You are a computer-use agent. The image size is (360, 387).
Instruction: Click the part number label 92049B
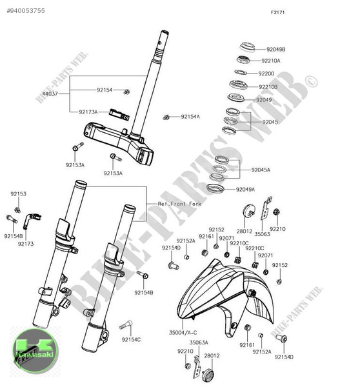276,49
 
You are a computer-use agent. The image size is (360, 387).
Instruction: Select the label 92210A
270,61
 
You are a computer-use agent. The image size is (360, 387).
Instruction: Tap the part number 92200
266,74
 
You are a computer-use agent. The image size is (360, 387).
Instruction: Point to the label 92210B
268,86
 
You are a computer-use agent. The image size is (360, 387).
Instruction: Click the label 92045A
261,170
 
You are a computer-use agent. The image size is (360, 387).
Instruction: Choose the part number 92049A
245,190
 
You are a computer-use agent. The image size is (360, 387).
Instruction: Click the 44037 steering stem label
50,94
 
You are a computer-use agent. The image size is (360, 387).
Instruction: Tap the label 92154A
190,117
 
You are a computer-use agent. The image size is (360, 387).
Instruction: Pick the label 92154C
131,339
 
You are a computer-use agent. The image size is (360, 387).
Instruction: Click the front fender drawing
219,297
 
